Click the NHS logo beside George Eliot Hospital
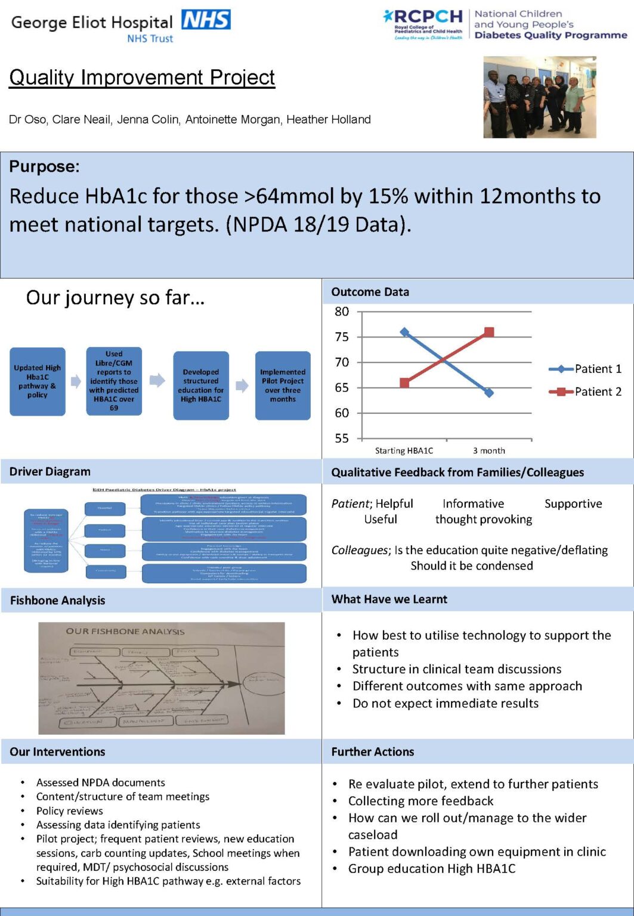point(206,20)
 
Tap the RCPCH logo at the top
point(423,24)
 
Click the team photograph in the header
point(539,97)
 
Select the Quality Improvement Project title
point(142,78)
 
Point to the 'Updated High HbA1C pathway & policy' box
point(38,382)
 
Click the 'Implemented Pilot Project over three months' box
point(283,385)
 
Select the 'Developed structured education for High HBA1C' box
point(201,385)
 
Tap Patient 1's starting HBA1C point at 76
point(404,332)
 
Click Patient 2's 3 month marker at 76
point(489,332)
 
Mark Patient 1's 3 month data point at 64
point(489,393)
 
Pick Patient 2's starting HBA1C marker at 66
point(404,383)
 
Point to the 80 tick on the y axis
point(342,311)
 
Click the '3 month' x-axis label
point(489,451)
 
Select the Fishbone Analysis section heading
point(57,601)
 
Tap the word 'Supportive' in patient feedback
point(573,504)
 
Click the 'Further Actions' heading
point(373,752)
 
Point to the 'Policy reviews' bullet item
point(69,811)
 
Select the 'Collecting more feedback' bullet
point(421,801)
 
